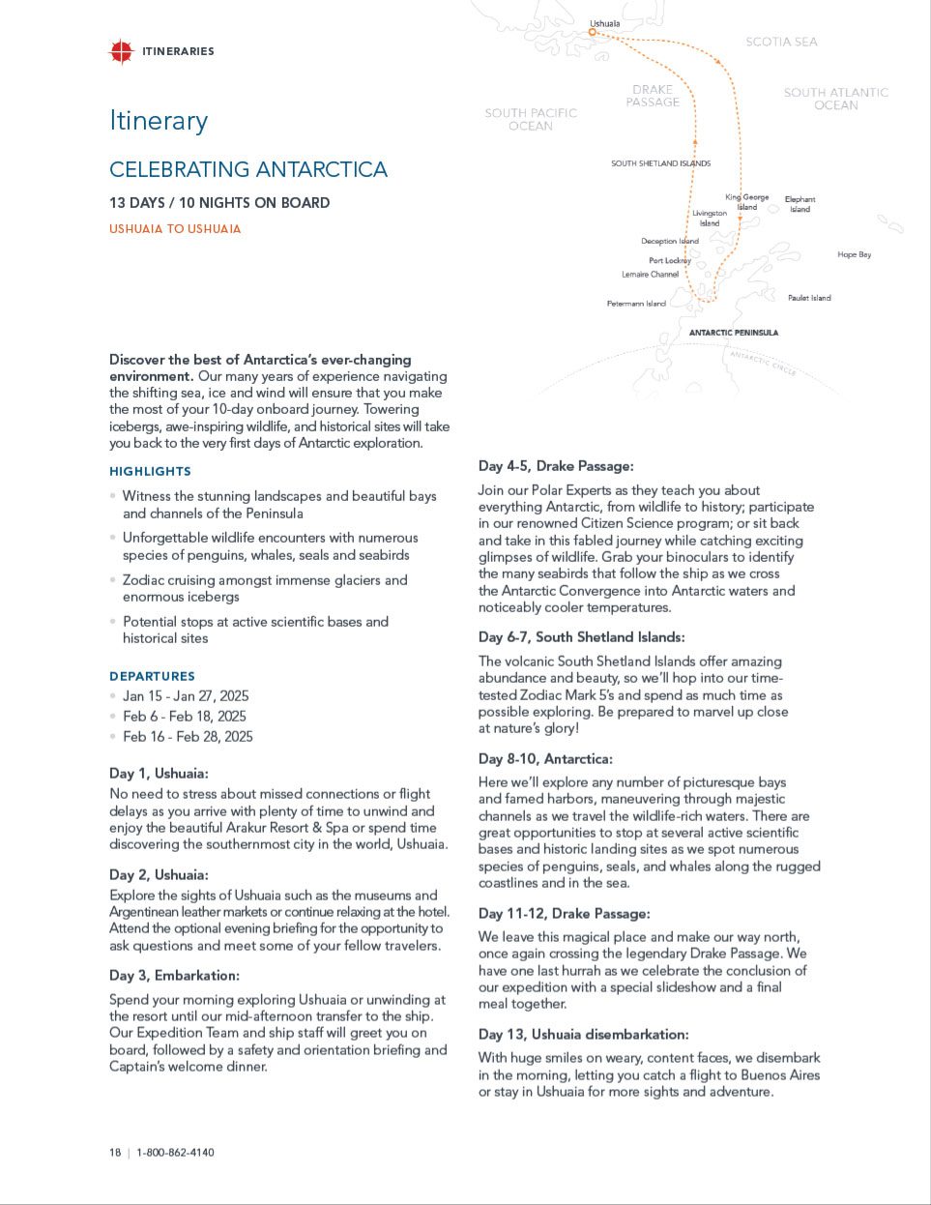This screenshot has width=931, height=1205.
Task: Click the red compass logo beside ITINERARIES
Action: tap(121, 51)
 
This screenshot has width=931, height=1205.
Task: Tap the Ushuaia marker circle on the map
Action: tap(593, 32)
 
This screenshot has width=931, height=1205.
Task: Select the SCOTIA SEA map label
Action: tap(781, 42)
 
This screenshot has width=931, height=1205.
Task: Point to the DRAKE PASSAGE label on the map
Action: tap(653, 96)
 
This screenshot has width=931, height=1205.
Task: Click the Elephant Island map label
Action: tap(800, 204)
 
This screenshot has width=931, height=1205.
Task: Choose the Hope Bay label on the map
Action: tap(854, 254)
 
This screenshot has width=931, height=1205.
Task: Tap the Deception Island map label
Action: tap(669, 241)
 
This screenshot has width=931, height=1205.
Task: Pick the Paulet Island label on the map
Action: tap(808, 298)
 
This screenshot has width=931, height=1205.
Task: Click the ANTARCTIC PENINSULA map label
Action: tap(733, 333)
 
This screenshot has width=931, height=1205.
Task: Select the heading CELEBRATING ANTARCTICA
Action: tap(248, 169)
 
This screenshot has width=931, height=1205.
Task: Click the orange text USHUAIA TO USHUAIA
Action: tap(175, 229)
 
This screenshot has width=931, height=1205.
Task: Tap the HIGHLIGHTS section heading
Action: tap(150, 471)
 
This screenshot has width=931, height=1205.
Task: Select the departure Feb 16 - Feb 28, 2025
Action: tap(188, 737)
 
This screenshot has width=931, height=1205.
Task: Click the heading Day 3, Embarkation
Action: tap(174, 975)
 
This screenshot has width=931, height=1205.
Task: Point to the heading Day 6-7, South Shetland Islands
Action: tap(581, 637)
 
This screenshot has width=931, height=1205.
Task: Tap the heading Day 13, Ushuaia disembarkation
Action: tap(583, 1035)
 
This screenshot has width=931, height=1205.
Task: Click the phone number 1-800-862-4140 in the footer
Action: tap(175, 1153)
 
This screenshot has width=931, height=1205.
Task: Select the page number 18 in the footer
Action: tap(115, 1153)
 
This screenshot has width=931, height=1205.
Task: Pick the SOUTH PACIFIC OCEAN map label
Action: tap(531, 119)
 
